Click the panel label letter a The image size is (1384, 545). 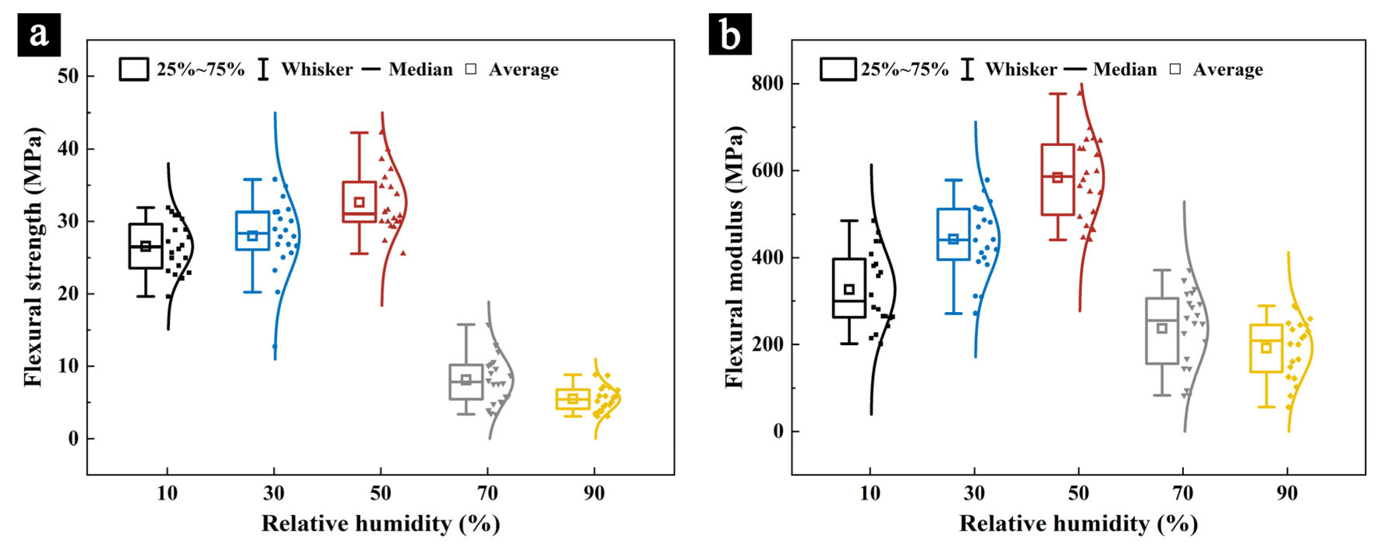(39, 35)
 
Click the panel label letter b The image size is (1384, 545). (729, 35)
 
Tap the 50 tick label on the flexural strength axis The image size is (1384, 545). (68, 76)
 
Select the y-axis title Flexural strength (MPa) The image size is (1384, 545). (33, 257)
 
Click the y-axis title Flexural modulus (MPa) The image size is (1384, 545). (734, 257)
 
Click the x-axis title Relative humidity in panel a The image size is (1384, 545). (380, 523)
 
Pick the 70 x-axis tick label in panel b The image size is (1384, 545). (1183, 492)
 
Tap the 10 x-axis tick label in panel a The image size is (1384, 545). (167, 492)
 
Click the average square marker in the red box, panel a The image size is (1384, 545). (359, 202)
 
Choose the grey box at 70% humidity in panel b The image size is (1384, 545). (1162, 330)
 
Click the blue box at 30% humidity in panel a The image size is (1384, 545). (252, 231)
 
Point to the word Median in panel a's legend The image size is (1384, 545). (421, 69)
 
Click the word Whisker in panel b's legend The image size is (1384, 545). (1021, 69)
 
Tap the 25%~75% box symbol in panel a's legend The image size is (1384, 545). (134, 69)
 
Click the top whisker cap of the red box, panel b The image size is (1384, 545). (1058, 94)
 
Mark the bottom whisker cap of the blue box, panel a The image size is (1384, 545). (252, 292)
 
